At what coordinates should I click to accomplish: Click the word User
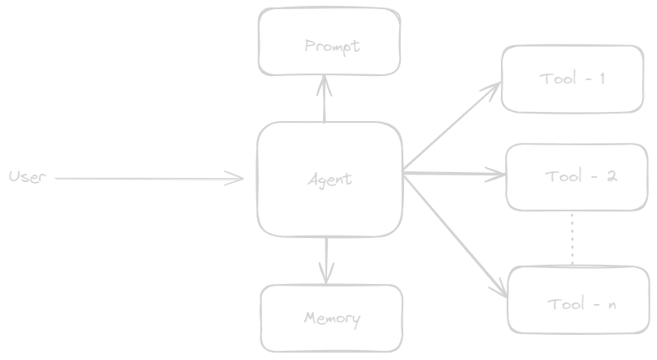click(25, 177)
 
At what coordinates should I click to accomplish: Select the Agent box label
click(329, 179)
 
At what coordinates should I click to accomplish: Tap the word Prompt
click(331, 46)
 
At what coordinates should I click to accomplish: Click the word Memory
click(331, 318)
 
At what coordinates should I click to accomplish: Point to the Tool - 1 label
click(573, 79)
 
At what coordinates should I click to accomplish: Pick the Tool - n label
click(582, 304)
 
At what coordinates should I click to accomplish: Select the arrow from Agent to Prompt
click(323, 99)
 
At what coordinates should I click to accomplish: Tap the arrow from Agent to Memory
click(325, 259)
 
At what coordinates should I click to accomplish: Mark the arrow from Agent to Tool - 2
click(455, 175)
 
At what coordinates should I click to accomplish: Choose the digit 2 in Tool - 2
click(612, 176)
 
